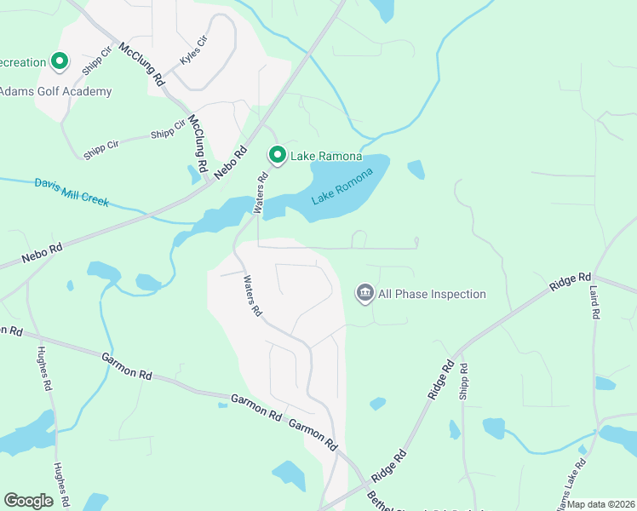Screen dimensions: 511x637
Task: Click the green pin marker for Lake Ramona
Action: point(277,155)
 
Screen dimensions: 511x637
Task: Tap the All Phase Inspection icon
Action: point(365,294)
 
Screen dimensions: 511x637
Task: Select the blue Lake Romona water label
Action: point(342,187)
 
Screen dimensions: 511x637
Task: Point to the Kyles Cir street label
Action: point(194,52)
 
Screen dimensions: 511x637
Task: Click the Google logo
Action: point(28,501)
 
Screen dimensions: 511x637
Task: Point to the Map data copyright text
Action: point(601,504)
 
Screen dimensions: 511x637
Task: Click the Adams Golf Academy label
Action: point(55,91)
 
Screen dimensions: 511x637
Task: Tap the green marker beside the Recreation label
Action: point(60,61)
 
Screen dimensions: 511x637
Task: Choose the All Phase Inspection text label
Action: point(432,294)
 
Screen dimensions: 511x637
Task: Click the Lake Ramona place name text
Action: point(326,156)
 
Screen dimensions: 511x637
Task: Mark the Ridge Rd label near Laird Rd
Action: point(571,281)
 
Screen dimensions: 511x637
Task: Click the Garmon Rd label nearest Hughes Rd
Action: point(127,367)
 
